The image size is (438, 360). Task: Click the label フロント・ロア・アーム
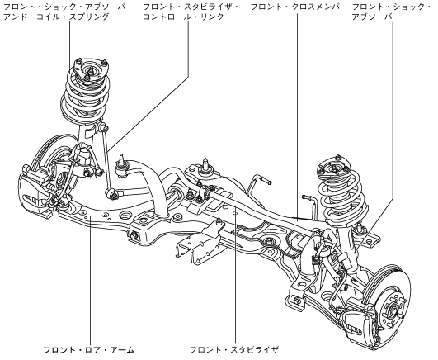pyautogui.click(x=89, y=350)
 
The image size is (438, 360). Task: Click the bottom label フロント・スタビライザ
pyautogui.click(x=234, y=350)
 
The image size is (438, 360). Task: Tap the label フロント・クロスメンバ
pyautogui.click(x=295, y=7)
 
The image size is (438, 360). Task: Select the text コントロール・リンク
pyautogui.click(x=183, y=17)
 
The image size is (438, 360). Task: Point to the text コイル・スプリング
pyautogui.click(x=73, y=17)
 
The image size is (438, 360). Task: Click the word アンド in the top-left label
pyautogui.click(x=16, y=17)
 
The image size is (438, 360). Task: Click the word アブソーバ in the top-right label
pyautogui.click(x=372, y=17)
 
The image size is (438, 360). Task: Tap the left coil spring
pyautogui.click(x=84, y=95)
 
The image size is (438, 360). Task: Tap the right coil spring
pyautogui.click(x=341, y=196)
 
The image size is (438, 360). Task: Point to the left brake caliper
pyautogui.click(x=31, y=190)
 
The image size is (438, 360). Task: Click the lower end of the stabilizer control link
pyautogui.click(x=111, y=193)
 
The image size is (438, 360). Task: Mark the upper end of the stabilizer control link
pyautogui.click(x=105, y=128)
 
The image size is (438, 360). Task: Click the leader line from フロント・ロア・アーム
pyautogui.click(x=91, y=280)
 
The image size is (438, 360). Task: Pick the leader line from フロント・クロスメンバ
pyautogui.click(x=297, y=116)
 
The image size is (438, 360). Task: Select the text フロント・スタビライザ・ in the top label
pyautogui.click(x=191, y=7)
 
